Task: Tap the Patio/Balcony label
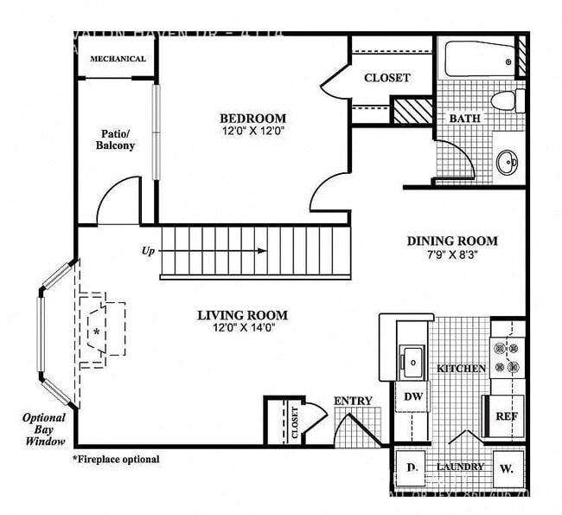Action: (115, 140)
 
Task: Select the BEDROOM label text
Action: (252, 119)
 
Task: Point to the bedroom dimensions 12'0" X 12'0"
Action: (252, 132)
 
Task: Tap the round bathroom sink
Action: (508, 161)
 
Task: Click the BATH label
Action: (463, 119)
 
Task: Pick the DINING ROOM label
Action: (452, 241)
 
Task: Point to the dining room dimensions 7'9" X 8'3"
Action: (452, 254)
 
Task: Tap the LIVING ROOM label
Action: (242, 315)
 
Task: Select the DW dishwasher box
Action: (412, 396)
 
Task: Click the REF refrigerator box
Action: (506, 415)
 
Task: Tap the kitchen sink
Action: (411, 357)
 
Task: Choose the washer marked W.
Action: (505, 468)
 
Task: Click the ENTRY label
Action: (353, 401)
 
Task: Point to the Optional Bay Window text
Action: (44, 429)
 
